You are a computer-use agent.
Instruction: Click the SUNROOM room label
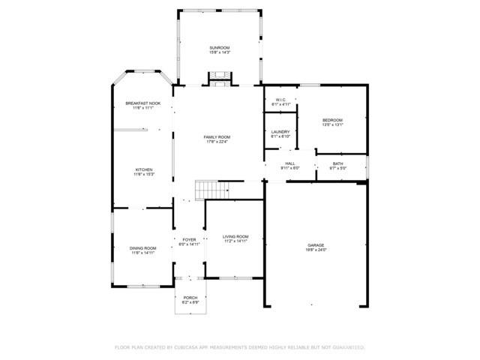click(219, 48)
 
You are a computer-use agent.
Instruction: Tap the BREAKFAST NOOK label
click(142, 103)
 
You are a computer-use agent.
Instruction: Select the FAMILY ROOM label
click(217, 137)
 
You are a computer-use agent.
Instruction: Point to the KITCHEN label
click(144, 169)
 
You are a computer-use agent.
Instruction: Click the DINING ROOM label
click(142, 248)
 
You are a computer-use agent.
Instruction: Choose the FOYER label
click(190, 239)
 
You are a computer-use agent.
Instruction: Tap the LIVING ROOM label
click(235, 236)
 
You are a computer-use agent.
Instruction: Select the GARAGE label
click(316, 245)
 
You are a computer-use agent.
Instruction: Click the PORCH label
click(190, 298)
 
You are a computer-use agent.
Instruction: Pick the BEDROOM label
click(332, 120)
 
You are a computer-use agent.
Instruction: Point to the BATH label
click(337, 163)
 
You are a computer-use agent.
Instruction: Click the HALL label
click(290, 163)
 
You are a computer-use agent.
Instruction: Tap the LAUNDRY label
click(280, 132)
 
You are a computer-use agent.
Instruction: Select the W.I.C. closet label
click(281, 99)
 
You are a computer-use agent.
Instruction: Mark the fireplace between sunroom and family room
click(219, 77)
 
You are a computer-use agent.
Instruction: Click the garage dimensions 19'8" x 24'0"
click(316, 250)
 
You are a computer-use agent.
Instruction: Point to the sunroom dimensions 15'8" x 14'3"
click(219, 53)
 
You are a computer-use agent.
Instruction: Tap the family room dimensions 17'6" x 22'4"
click(217, 142)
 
